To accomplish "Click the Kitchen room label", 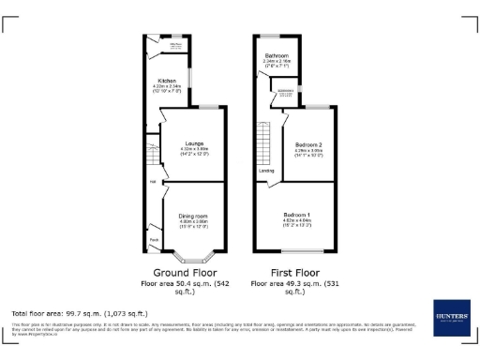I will [168, 81].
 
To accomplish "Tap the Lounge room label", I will [195, 142].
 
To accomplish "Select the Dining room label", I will [194, 216].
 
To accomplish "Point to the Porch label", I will [154, 240].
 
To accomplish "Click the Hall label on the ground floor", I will [153, 182].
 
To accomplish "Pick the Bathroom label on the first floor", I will [277, 55].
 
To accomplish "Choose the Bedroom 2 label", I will [308, 144].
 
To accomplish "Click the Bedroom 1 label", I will [297, 215].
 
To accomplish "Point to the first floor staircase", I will [265, 145].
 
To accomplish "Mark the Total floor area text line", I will [79, 312].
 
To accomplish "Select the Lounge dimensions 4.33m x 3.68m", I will [194, 149].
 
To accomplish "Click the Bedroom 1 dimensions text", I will [297, 222].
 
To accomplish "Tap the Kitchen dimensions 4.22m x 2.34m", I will [168, 87].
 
